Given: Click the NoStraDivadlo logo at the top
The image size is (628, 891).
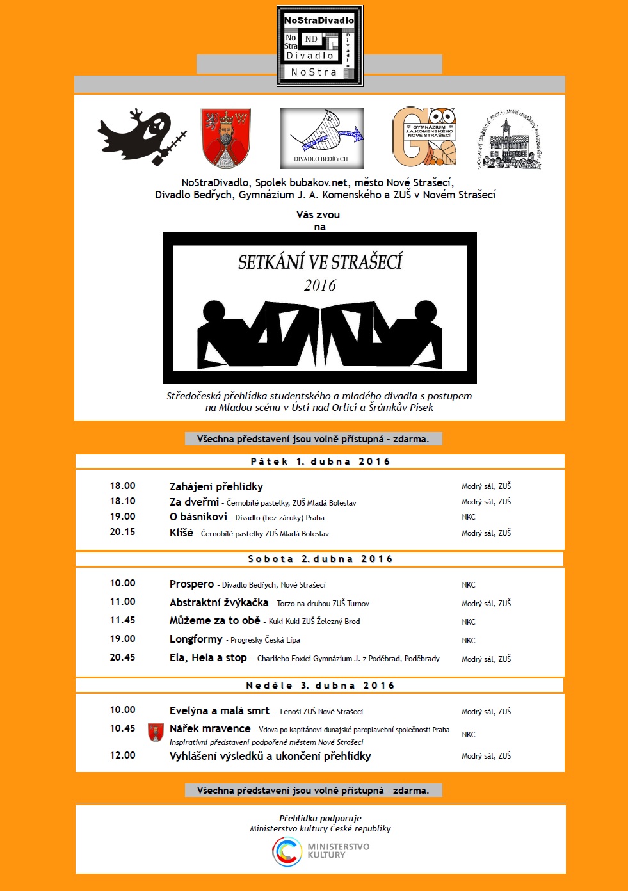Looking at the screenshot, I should pyautogui.click(x=319, y=46).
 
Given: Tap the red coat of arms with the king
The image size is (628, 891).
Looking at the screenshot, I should pyautogui.click(x=225, y=138).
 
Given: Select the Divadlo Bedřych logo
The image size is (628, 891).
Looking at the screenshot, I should pyautogui.click(x=322, y=138).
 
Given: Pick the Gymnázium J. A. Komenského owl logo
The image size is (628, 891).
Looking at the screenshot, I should pyautogui.click(x=424, y=137).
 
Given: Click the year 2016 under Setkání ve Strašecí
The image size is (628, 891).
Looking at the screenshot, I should pyautogui.click(x=319, y=285).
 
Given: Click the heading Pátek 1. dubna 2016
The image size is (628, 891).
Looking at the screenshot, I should pyautogui.click(x=320, y=462).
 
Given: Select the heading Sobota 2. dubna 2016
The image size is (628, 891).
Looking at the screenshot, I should pyautogui.click(x=320, y=559).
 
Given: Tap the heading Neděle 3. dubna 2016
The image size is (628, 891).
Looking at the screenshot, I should pyautogui.click(x=320, y=686).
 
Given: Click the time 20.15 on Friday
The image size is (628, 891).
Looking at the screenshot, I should pyautogui.click(x=122, y=532).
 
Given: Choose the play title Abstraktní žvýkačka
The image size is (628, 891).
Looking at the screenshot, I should pyautogui.click(x=219, y=602).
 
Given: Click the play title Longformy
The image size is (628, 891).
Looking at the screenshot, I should pyautogui.click(x=196, y=639).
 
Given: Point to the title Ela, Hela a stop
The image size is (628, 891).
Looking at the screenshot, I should pyautogui.click(x=208, y=657).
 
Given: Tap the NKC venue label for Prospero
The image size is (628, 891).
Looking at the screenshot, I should pyautogui.click(x=469, y=584).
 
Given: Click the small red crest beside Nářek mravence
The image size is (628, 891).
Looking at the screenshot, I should pyautogui.click(x=156, y=732).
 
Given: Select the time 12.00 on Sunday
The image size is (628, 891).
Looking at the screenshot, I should pyautogui.click(x=122, y=755).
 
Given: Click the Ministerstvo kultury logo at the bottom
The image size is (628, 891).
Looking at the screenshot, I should pyautogui.click(x=320, y=851).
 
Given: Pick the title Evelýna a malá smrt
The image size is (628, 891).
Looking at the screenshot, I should pyautogui.click(x=219, y=710).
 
